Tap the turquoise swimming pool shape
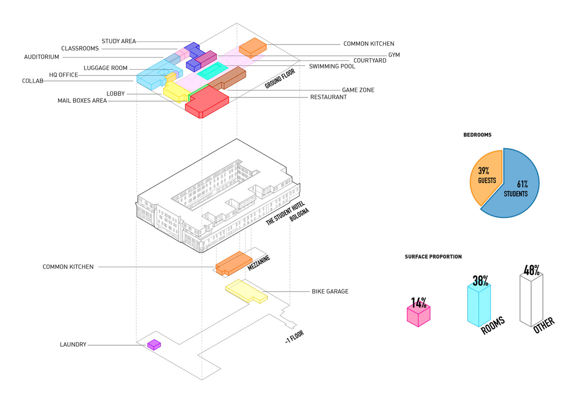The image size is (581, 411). (212, 70)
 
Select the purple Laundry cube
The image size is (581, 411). (154, 345)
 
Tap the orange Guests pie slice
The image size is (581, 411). (484, 175)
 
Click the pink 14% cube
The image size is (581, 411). (418, 315)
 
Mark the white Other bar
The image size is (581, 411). (531, 300)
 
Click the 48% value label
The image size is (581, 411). (531, 270)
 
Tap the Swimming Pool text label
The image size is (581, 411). (332, 66)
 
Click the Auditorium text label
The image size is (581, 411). (42, 57)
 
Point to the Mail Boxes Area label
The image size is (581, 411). (82, 101)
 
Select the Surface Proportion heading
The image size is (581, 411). (433, 257)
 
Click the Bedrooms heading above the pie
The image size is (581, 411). (477, 135)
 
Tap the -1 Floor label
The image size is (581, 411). (295, 336)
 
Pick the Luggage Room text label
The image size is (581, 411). (105, 68)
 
